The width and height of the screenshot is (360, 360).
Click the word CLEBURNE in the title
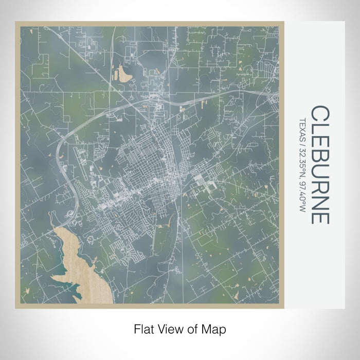319,165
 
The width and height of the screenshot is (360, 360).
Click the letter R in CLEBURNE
319,184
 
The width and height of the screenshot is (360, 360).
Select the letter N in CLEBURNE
319,200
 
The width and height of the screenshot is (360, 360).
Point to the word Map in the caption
215,328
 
